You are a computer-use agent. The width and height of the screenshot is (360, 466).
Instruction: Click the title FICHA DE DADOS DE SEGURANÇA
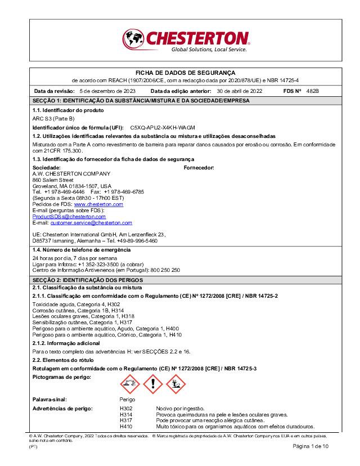click(186, 73)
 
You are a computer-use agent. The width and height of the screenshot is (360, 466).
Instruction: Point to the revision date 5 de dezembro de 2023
click(107, 91)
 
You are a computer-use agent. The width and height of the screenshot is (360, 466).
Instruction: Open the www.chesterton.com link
click(98, 204)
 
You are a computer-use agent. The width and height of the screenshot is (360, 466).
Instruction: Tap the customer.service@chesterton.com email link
click(91, 223)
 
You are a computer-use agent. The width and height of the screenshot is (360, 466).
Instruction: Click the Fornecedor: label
click(199, 168)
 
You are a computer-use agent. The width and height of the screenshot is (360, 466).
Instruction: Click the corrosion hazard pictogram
click(130, 384)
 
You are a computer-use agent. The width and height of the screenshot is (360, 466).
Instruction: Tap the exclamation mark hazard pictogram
click(152, 384)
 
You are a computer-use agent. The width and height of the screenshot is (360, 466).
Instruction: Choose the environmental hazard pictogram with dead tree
click(175, 384)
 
